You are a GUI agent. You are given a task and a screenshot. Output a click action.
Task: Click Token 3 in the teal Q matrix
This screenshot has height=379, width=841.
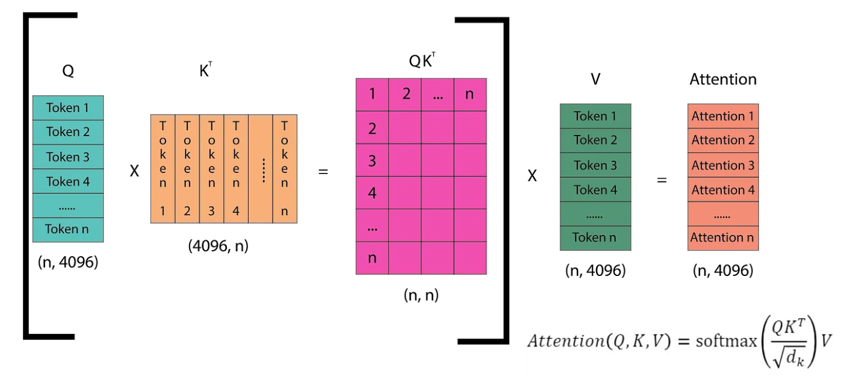click(67, 157)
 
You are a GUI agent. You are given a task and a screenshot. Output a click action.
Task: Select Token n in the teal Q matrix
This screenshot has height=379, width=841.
click(67, 230)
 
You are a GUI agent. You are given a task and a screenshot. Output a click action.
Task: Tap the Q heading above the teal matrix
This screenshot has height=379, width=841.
click(68, 71)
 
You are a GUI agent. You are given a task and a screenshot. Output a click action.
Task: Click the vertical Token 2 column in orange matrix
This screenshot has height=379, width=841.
click(187, 169)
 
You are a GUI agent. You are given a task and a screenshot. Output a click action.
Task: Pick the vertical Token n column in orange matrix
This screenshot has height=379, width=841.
click(284, 169)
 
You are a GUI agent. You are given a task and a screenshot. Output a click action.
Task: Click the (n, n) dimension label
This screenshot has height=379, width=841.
click(421, 295)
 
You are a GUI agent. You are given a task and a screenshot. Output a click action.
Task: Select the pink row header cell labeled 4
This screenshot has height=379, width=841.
click(372, 193)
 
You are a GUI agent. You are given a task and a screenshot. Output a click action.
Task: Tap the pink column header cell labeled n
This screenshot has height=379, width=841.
click(470, 94)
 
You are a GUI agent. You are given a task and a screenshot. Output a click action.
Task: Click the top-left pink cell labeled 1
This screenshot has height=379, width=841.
click(372, 94)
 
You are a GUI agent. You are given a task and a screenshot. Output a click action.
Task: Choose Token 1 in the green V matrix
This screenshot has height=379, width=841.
click(595, 116)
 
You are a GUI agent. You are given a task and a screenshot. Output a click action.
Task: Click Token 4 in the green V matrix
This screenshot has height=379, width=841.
click(595, 190)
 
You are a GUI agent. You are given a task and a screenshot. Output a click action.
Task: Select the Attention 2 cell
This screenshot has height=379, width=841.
click(722, 140)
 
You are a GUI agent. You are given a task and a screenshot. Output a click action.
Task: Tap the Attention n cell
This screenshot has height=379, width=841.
click(722, 238)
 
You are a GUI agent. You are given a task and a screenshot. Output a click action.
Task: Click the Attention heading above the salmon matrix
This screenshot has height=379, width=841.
click(722, 80)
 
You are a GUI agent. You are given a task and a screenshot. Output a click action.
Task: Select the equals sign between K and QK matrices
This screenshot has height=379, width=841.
click(323, 172)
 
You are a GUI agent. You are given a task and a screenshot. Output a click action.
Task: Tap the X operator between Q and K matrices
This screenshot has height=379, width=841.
click(134, 172)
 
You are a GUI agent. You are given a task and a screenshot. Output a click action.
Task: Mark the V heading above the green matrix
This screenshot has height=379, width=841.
click(595, 80)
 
